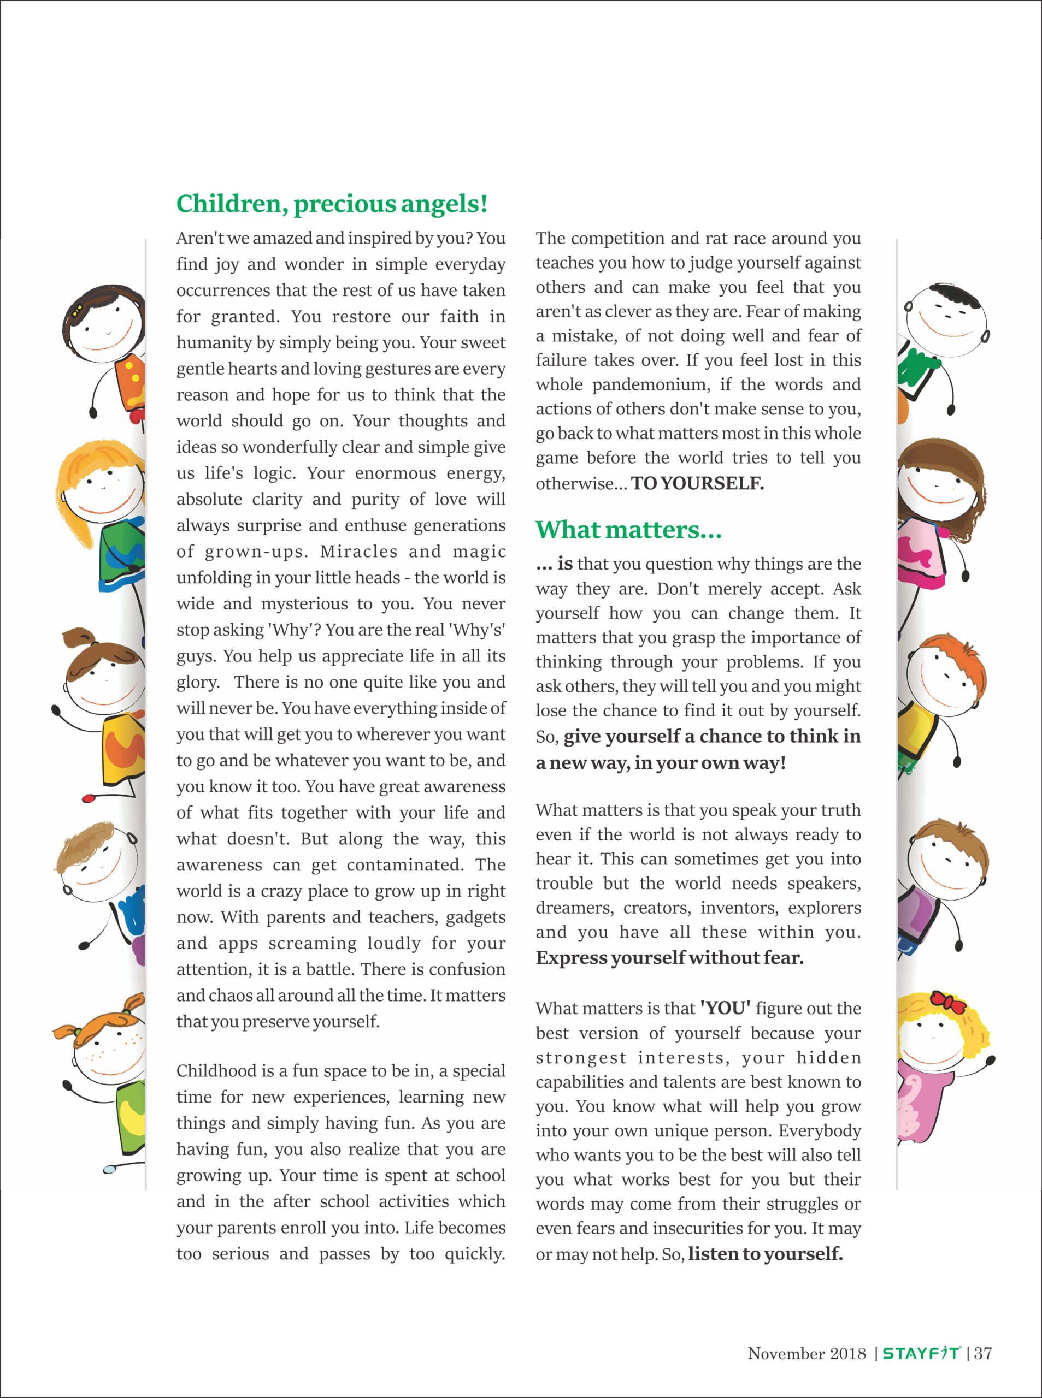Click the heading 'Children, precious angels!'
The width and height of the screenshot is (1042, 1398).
pos(332,204)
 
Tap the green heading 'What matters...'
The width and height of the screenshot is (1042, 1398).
pos(628,530)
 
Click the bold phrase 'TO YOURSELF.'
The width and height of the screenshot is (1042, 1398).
pos(697,483)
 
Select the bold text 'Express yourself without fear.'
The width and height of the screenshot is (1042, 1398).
pos(669,957)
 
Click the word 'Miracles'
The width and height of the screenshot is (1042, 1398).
pos(358,552)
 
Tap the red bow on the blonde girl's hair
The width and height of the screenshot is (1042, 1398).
pos(948,1000)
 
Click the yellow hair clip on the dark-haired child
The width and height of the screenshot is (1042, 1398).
pos(78,311)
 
